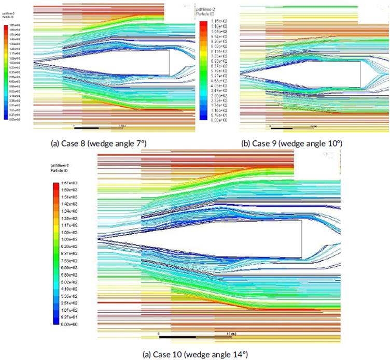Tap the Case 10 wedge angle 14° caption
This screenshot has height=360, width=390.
(x=195, y=354)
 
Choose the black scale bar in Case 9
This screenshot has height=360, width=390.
(x=283, y=127)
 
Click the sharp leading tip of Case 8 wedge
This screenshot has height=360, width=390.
(x=33, y=62)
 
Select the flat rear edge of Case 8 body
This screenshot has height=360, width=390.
(x=170, y=63)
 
